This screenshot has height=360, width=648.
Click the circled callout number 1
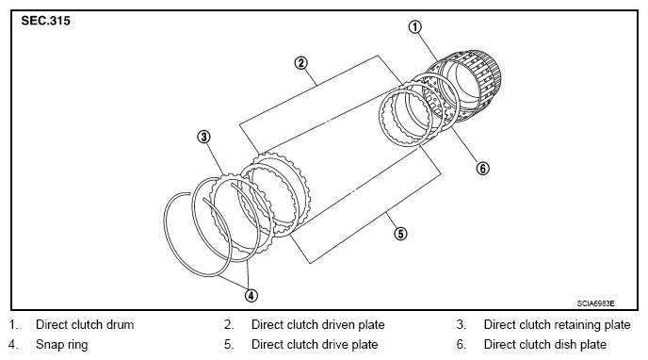[x=415, y=27]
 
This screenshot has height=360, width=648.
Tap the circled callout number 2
[x=300, y=63]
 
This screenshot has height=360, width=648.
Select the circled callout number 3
[x=203, y=137]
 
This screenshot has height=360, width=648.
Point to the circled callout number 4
[x=251, y=295]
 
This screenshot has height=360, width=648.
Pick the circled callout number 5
[x=400, y=234]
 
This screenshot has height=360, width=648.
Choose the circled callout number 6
[x=482, y=169]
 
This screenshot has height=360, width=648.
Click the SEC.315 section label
[x=46, y=21]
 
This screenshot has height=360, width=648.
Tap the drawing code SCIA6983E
[x=595, y=303]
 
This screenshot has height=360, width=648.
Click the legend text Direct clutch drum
[x=85, y=324]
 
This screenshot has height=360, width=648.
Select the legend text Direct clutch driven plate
[x=317, y=324]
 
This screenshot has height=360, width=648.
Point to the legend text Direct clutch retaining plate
[x=557, y=325]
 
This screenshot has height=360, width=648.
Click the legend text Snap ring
[x=62, y=345]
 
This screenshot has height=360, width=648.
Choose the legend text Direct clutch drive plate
[x=315, y=345]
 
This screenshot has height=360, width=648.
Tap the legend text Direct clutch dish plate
[x=545, y=345]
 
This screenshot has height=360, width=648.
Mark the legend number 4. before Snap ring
[x=13, y=345]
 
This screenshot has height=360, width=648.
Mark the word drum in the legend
[x=120, y=324]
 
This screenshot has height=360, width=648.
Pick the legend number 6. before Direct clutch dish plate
[x=462, y=345]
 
